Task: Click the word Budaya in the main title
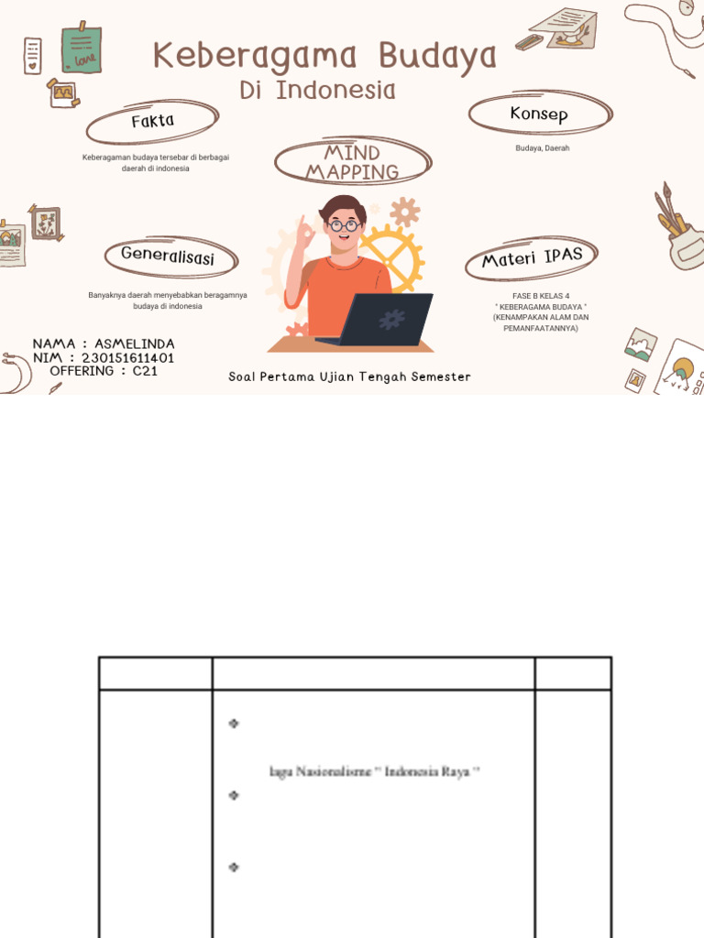pos(438,56)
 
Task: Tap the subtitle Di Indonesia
pos(318,91)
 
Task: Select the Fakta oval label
pos(152,121)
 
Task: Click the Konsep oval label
pos(539,115)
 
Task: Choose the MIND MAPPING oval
pos(352,162)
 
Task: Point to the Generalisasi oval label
pos(168,256)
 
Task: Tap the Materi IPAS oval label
pos(533,257)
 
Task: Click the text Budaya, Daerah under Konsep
pos(542,148)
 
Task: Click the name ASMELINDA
pos(135,344)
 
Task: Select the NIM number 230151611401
pos(127,357)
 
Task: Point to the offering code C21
pos(145,371)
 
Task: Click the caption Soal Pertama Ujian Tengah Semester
pos(349,377)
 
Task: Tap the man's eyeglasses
pos(344,225)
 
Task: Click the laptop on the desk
pos(385,320)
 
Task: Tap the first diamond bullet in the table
pos(234,724)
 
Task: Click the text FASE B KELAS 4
pos(541,297)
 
